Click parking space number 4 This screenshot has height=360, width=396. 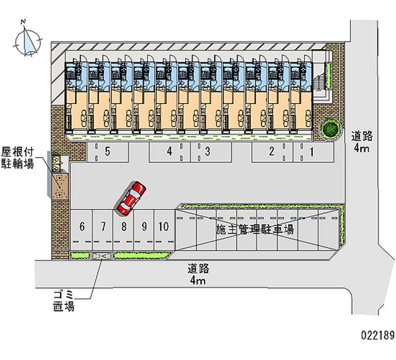click(x=169, y=152)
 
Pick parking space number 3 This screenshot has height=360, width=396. click(x=208, y=152)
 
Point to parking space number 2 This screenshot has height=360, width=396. click(x=271, y=152)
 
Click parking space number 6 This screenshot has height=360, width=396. click(x=82, y=227)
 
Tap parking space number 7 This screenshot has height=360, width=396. click(x=103, y=227)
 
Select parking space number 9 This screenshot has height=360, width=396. click(x=144, y=227)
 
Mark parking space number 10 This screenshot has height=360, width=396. click(x=164, y=227)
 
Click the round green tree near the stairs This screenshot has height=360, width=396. click(x=330, y=129)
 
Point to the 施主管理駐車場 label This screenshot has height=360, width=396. click(x=255, y=230)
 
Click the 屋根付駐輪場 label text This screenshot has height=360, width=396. click(x=17, y=157)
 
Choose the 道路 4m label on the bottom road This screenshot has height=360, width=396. click(x=198, y=275)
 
